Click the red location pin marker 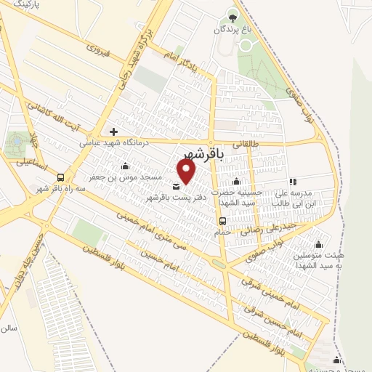(187, 171)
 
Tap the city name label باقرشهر (197, 155)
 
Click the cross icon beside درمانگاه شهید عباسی (113, 132)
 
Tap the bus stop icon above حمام (222, 221)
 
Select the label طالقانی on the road (246, 145)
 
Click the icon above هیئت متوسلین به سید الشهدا (318, 243)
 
